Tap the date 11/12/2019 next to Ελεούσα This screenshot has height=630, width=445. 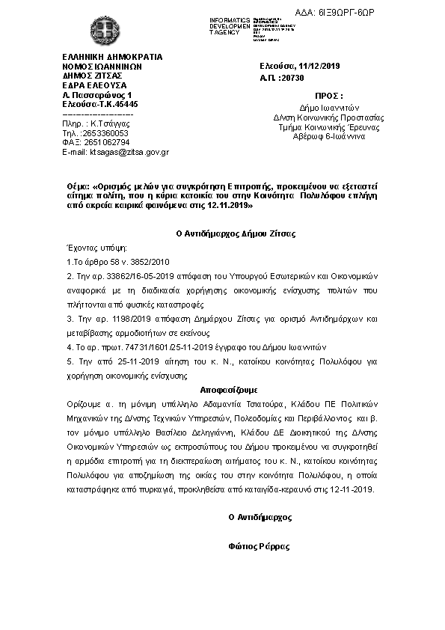(x=319, y=67)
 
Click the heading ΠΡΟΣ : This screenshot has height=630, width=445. (x=330, y=97)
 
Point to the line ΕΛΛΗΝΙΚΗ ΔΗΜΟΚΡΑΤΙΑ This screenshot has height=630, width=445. (x=112, y=57)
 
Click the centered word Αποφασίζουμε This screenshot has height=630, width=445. (x=228, y=390)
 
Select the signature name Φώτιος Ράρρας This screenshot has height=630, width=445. (x=259, y=546)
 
